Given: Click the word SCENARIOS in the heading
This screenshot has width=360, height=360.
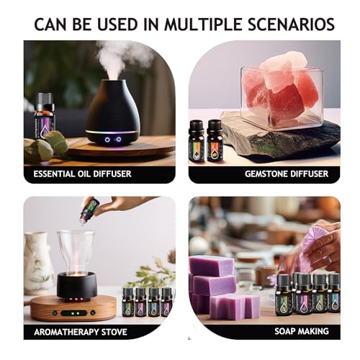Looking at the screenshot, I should (291, 24).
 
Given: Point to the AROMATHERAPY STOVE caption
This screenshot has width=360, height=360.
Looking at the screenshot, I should (80, 332).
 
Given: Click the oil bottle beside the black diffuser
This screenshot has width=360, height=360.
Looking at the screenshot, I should (45, 113).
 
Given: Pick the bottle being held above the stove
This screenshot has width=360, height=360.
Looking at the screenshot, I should (88, 212).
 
